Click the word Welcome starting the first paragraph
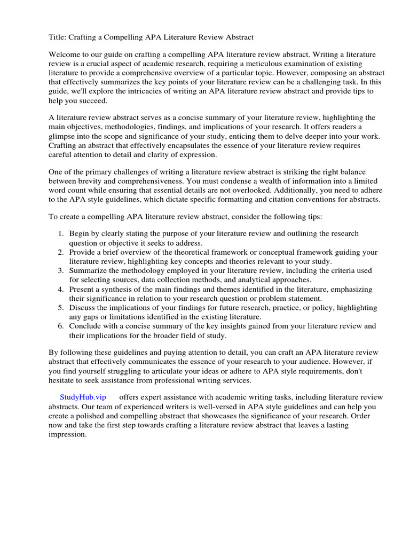tap(65, 55)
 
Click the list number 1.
tap(61, 234)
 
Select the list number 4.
tap(61, 289)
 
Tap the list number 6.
tap(61, 326)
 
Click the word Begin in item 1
tap(80, 234)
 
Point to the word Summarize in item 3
tap(89, 271)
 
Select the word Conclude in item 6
tap(86, 326)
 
